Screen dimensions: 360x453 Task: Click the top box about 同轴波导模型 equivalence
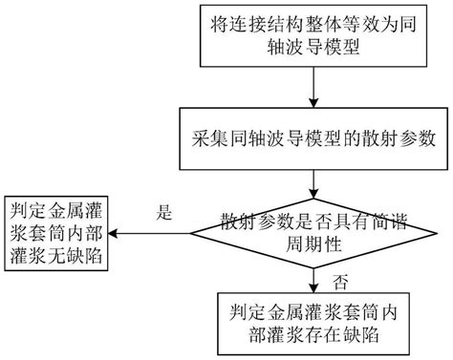(314, 35)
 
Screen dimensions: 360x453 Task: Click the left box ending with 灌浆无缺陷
(58, 234)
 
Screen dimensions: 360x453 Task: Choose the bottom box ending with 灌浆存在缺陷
(314, 323)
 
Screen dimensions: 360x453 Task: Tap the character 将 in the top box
(220, 23)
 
